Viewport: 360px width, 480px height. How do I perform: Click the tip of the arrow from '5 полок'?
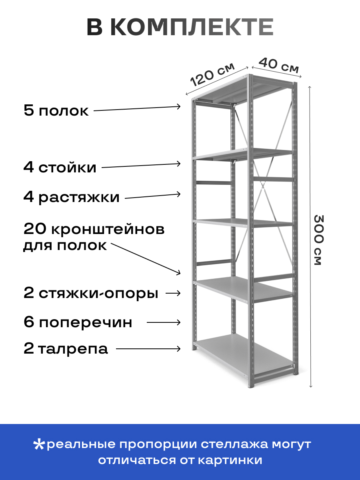(x=180, y=106)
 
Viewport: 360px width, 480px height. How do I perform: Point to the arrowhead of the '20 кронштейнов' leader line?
(x=180, y=274)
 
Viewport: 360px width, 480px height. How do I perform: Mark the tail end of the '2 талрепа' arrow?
(x=116, y=348)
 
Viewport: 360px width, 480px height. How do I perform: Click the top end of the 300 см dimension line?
(x=309, y=87)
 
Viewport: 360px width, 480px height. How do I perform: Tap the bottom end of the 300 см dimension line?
(x=311, y=387)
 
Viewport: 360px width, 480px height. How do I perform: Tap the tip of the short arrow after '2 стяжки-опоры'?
(x=180, y=293)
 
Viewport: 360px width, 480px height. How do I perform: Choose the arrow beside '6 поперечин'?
(x=164, y=322)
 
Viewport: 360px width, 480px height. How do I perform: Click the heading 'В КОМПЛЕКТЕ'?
(x=180, y=27)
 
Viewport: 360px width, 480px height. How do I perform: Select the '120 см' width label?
(x=212, y=74)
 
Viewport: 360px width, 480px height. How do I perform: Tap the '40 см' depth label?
(x=278, y=65)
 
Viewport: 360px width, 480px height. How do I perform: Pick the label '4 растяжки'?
(x=71, y=198)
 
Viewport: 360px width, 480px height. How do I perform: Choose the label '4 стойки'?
(x=60, y=168)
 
